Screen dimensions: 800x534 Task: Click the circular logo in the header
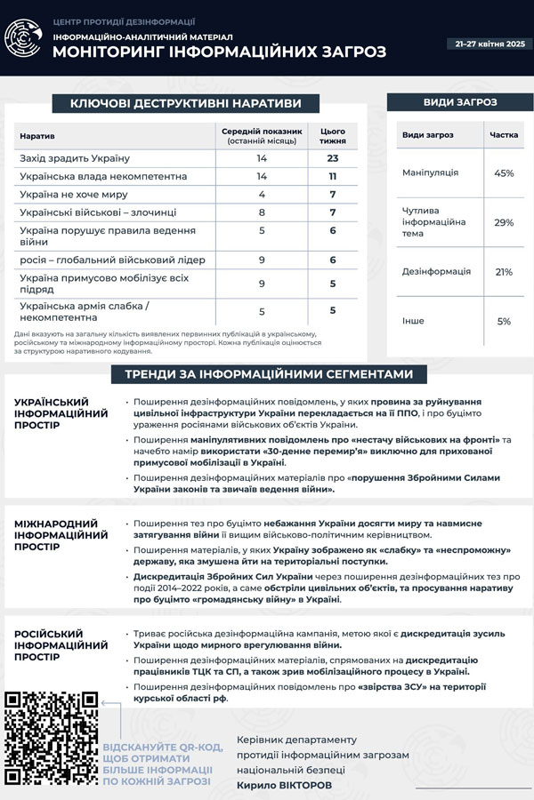pos(24,38)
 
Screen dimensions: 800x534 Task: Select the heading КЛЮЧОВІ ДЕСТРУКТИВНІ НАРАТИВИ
pos(185,104)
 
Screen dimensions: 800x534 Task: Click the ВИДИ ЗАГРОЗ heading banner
pos(455,103)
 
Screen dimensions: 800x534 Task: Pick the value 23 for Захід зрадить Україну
pos(333,158)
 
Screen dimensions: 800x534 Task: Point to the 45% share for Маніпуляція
pos(505,172)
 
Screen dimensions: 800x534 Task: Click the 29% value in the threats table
pos(505,221)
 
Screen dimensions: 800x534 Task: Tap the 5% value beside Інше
pos(505,321)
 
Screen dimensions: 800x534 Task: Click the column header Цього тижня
pos(333,136)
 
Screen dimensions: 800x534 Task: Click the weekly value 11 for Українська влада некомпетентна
pos(333,176)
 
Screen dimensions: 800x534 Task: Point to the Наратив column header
pos(36,136)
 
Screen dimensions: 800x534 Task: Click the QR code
pos(50,739)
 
